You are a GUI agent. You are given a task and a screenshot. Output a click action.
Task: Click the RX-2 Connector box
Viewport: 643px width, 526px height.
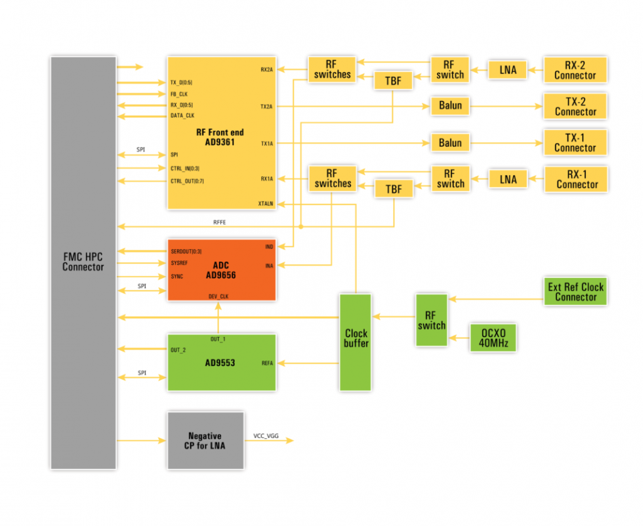point(575,70)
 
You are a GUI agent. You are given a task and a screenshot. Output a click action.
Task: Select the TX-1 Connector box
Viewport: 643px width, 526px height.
point(575,142)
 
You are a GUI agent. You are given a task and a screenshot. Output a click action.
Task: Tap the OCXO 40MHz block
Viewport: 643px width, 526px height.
point(493,337)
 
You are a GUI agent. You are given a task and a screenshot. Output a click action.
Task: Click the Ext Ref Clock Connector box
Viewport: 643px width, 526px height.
point(575,292)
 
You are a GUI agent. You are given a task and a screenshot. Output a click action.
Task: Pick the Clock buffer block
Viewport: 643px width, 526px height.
point(356,342)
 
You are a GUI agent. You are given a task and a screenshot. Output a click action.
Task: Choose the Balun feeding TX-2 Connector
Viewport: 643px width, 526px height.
point(450,106)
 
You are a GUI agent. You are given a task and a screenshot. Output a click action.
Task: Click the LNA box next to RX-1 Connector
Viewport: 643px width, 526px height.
point(508,179)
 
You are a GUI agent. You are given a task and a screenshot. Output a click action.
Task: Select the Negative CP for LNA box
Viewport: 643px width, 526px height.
point(205,441)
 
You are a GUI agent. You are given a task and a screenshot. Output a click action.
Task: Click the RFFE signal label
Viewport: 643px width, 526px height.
point(220,222)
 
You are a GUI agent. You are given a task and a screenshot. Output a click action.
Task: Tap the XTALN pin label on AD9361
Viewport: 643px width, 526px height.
point(265,204)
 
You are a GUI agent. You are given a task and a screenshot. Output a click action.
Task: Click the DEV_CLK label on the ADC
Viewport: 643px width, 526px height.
point(218,296)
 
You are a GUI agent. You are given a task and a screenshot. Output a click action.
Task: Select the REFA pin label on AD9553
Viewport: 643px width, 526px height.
point(267,363)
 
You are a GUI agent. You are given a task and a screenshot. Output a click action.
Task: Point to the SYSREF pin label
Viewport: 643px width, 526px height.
point(180,264)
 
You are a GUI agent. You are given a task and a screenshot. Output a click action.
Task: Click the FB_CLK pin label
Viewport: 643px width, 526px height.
point(179,94)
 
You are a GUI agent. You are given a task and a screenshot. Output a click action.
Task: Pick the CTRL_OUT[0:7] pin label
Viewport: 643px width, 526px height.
point(187,181)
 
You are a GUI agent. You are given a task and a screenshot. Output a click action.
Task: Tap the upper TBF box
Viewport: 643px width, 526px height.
point(393,81)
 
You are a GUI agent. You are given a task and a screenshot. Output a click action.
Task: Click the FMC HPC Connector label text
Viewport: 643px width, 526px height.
point(83,262)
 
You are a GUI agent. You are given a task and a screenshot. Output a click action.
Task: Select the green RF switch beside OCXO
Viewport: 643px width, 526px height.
point(431,320)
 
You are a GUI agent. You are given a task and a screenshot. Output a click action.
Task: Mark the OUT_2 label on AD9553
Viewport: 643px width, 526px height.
point(178,350)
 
